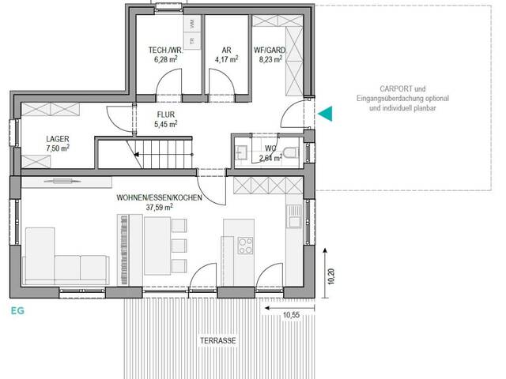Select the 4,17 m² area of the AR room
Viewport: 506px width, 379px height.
227,58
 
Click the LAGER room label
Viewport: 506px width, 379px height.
58,137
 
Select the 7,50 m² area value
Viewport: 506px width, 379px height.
58,147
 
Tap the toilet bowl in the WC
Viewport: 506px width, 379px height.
291,152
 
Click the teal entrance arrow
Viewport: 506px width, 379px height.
325,115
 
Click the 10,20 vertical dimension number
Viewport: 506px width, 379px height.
330,277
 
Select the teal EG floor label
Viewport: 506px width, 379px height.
17,310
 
